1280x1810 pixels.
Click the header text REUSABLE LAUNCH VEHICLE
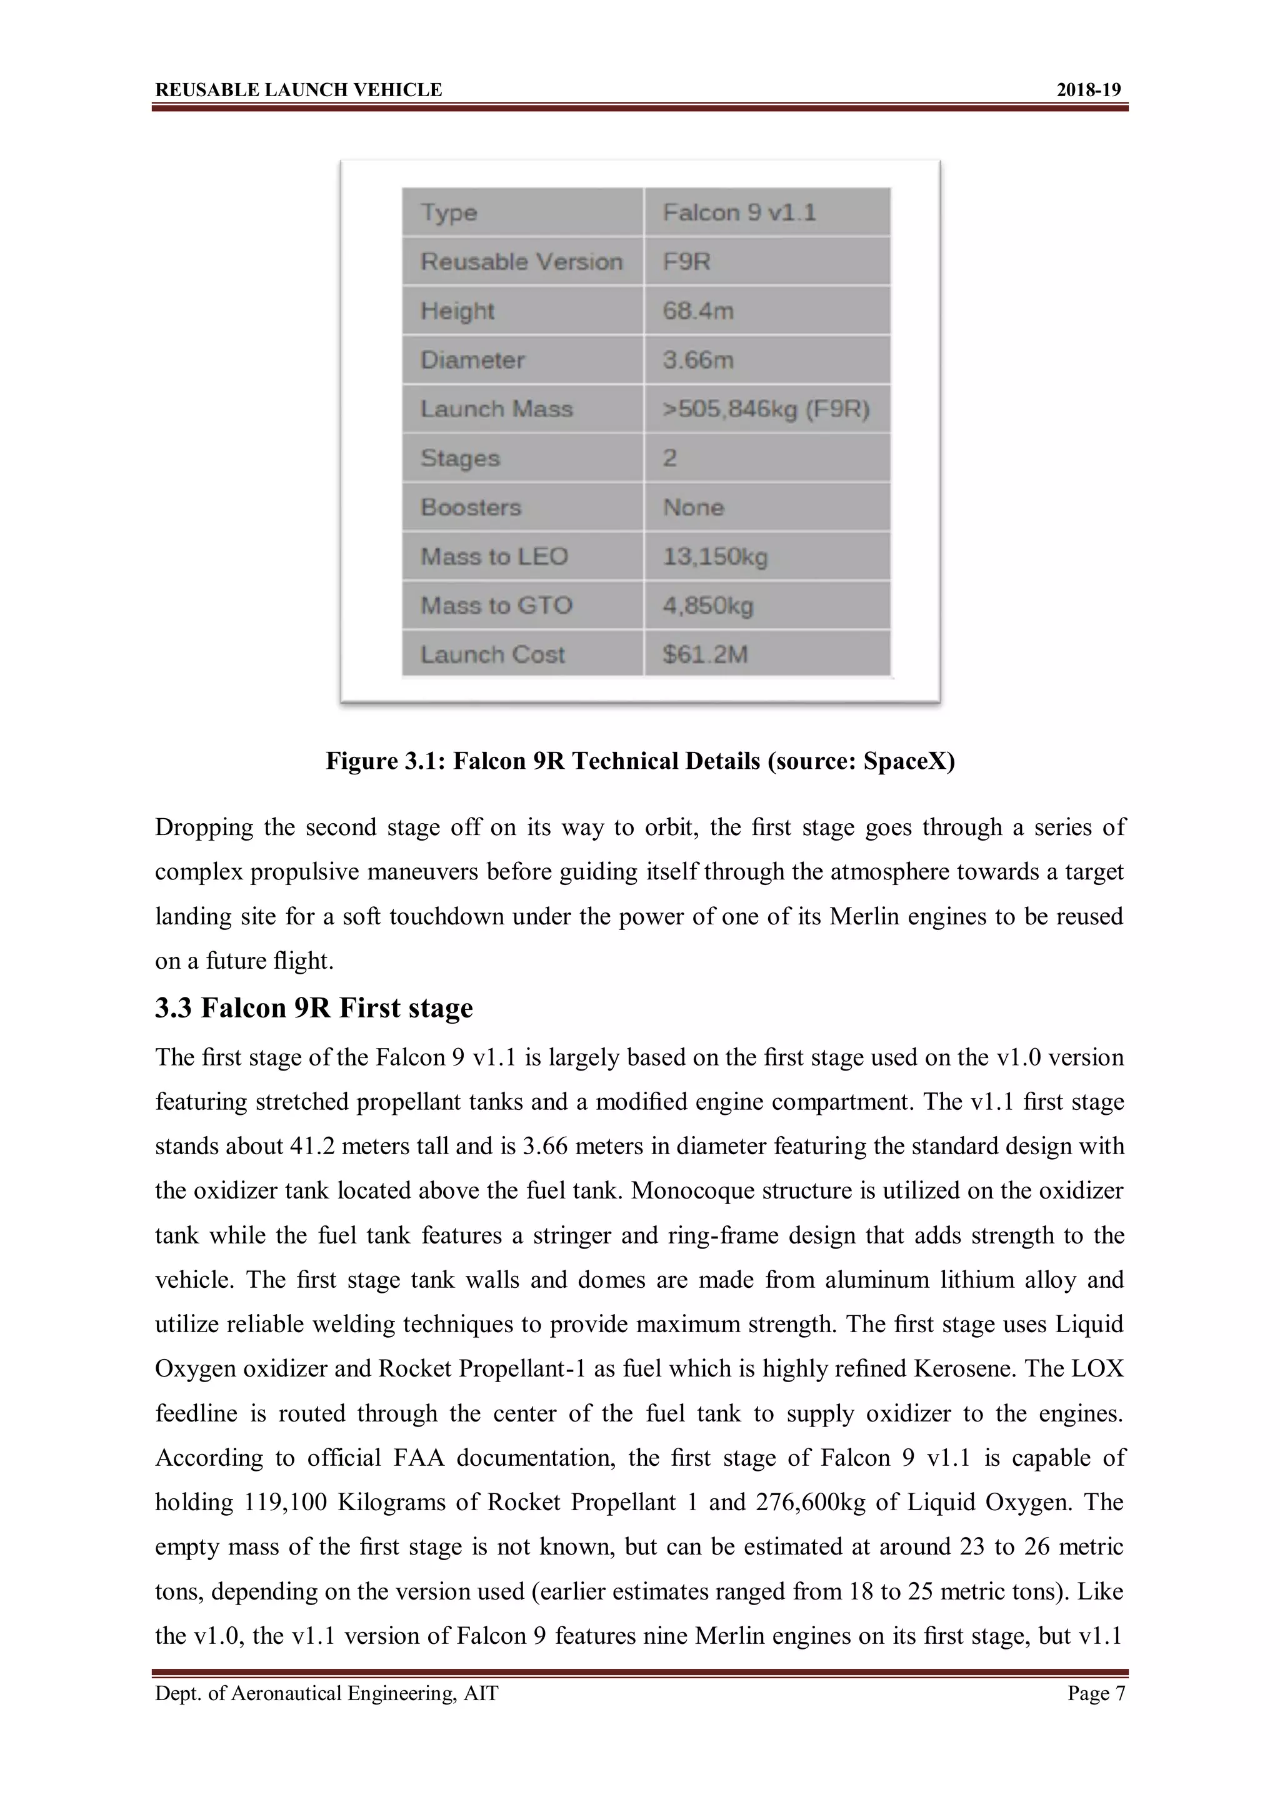(x=298, y=90)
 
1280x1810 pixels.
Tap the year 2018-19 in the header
(x=1088, y=90)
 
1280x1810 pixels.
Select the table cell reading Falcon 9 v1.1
(x=739, y=213)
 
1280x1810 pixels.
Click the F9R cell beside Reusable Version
(x=686, y=262)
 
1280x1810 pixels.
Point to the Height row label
(x=457, y=310)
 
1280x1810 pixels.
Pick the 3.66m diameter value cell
(x=698, y=360)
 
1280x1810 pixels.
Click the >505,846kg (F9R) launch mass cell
(x=766, y=409)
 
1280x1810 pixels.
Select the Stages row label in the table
(x=460, y=458)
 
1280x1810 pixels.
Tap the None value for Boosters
(x=693, y=507)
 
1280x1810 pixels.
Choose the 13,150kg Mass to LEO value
(x=714, y=556)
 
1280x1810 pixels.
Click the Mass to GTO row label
(x=496, y=605)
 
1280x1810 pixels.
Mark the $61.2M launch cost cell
(x=705, y=655)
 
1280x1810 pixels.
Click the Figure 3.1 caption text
(x=639, y=761)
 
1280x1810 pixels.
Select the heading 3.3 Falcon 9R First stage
(x=314, y=1007)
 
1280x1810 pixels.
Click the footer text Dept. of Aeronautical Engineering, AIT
(x=326, y=1693)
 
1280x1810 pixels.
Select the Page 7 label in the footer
(x=1096, y=1693)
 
